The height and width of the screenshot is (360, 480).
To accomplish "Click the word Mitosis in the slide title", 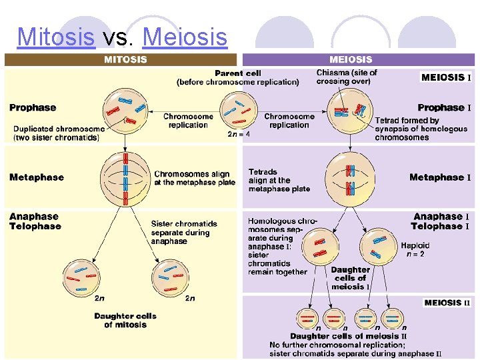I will pos(56,37).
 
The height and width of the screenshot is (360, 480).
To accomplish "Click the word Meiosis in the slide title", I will pos(185,37).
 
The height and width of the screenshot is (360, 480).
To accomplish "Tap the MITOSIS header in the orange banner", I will pos(125,60).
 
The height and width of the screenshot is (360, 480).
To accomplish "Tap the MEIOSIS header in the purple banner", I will pos(351,60).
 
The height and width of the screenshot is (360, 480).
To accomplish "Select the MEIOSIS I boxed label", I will pos(446,77).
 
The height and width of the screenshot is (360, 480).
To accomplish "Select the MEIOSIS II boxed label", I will pos(447,303).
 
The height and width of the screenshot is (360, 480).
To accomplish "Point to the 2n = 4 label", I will pos(239,134).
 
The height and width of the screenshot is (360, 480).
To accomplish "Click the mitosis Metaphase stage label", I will pos(37,177).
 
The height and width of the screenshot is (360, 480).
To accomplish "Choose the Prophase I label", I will pos(444,107).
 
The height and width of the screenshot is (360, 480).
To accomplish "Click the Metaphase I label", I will pos(440,177).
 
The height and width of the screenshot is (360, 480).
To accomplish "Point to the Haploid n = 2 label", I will pos(415,249).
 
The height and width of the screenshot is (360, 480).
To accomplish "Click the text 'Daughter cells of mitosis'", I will pos(125,320).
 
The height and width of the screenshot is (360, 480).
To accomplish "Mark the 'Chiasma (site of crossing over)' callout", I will pos(346,77).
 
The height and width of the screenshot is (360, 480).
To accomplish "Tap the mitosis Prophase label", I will pos(33,107).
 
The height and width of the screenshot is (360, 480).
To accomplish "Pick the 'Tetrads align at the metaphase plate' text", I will pos(279,180).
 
